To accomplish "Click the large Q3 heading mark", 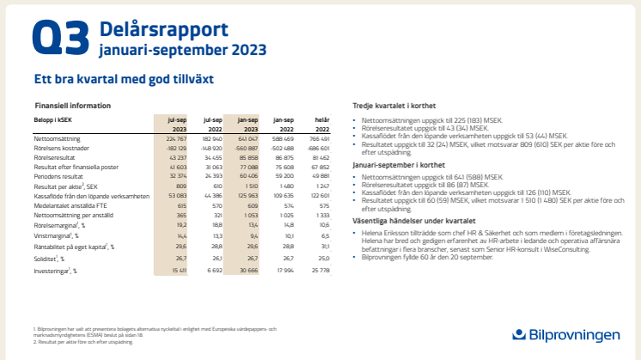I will (60, 40).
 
